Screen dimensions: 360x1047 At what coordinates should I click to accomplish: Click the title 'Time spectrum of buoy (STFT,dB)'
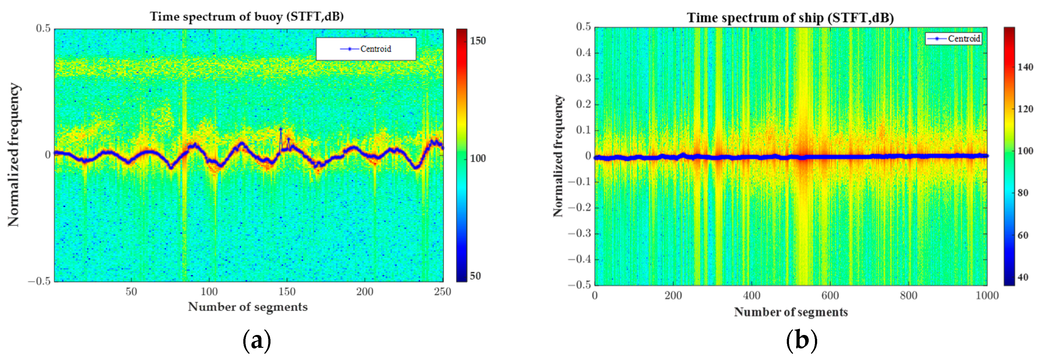coord(247,16)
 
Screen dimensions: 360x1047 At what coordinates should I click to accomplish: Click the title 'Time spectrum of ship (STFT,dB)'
coord(790,18)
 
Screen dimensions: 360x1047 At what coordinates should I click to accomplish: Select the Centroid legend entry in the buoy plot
coord(366,49)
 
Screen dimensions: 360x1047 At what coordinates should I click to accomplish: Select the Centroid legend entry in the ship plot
coord(953,38)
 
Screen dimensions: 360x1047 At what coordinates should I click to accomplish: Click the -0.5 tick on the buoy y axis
coord(39,281)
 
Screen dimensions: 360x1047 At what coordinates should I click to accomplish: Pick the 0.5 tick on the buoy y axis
coord(43,28)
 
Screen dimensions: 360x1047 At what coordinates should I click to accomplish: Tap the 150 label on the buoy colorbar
coord(478,41)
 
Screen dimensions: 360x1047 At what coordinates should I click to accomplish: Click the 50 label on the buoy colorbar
coord(475,276)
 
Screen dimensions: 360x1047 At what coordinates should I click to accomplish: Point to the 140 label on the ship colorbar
coord(1025,67)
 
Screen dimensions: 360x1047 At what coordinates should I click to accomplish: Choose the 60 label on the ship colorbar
coord(1023,235)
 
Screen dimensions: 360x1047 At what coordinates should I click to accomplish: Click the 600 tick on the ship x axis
coord(830,295)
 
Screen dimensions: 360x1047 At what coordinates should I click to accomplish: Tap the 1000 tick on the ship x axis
coord(987,295)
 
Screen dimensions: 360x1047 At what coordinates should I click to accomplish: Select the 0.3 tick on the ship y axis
coord(583,79)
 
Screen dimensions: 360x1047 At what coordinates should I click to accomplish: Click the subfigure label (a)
coord(256,340)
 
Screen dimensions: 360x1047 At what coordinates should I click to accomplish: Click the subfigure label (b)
coord(801,340)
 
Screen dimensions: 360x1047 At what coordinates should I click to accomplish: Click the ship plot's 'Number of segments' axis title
coord(791,312)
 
